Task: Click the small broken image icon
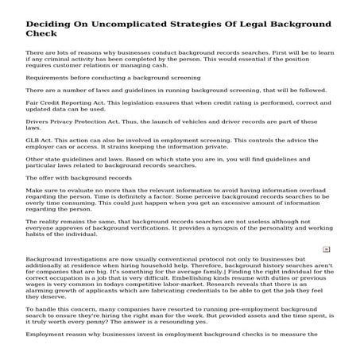pos(326,271)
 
